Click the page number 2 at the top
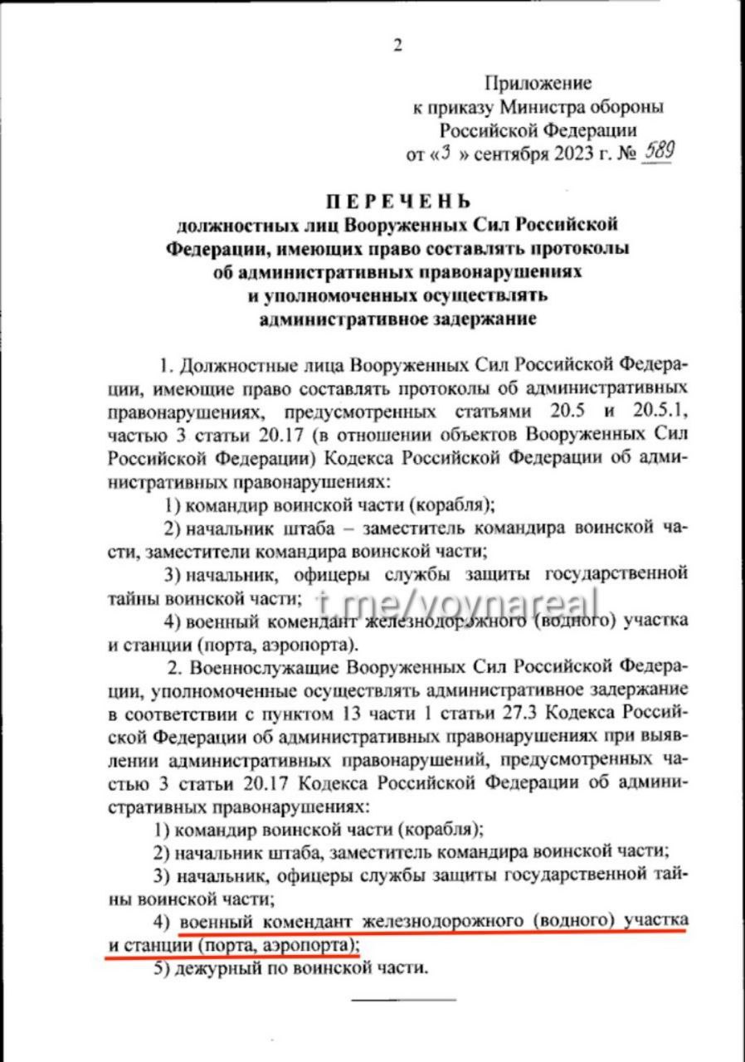397,46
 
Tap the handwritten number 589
652,153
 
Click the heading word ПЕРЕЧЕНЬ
397,201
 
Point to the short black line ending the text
403,999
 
